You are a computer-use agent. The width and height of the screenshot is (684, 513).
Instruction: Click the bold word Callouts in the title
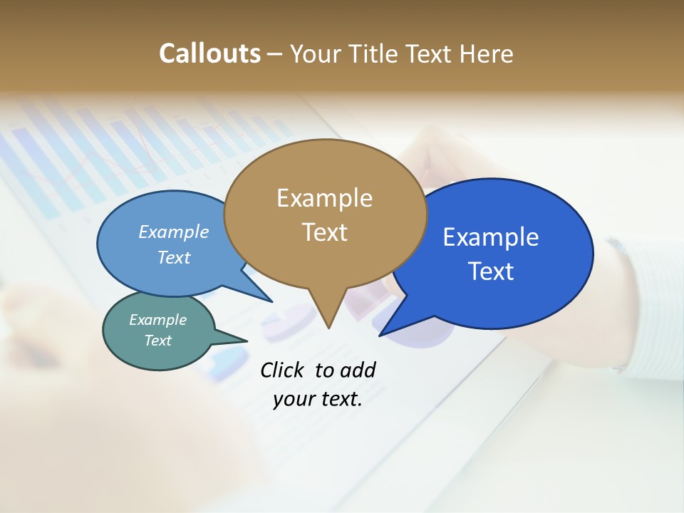(x=209, y=53)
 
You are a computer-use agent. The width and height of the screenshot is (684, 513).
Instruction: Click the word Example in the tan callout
(x=325, y=198)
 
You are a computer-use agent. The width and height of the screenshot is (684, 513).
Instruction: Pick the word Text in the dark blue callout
(x=491, y=271)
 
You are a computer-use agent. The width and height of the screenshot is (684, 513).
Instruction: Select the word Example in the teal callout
(x=157, y=320)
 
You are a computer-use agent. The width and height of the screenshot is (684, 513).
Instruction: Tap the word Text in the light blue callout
(x=174, y=258)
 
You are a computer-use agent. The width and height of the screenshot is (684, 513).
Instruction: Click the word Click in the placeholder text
(x=284, y=370)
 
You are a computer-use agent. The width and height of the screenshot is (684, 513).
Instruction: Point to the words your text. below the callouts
(x=318, y=400)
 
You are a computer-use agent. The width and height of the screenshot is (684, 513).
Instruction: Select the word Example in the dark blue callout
(x=491, y=237)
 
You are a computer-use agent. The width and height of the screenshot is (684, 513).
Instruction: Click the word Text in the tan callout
(x=325, y=232)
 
